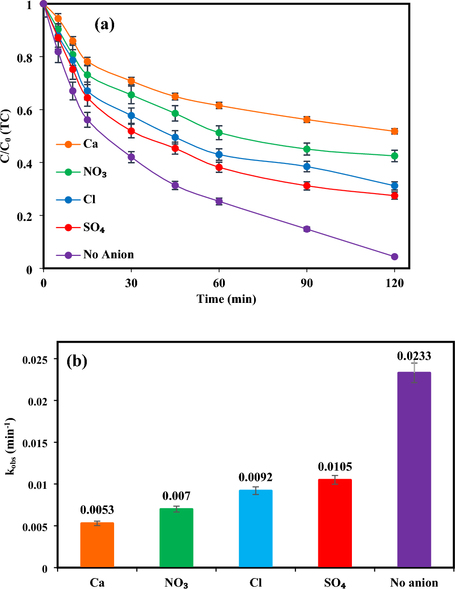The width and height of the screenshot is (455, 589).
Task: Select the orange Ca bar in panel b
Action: (97, 545)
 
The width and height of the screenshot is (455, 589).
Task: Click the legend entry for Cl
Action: (89, 199)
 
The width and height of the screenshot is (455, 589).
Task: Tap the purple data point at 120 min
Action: (395, 257)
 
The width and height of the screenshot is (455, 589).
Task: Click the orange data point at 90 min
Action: (307, 119)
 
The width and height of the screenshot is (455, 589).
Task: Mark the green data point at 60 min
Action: (219, 133)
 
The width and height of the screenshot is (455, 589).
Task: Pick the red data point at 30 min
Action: (131, 131)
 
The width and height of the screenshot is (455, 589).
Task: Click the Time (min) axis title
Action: (226, 300)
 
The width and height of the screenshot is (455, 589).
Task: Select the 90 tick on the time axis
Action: (307, 283)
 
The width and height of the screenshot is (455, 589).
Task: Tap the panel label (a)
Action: (105, 25)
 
